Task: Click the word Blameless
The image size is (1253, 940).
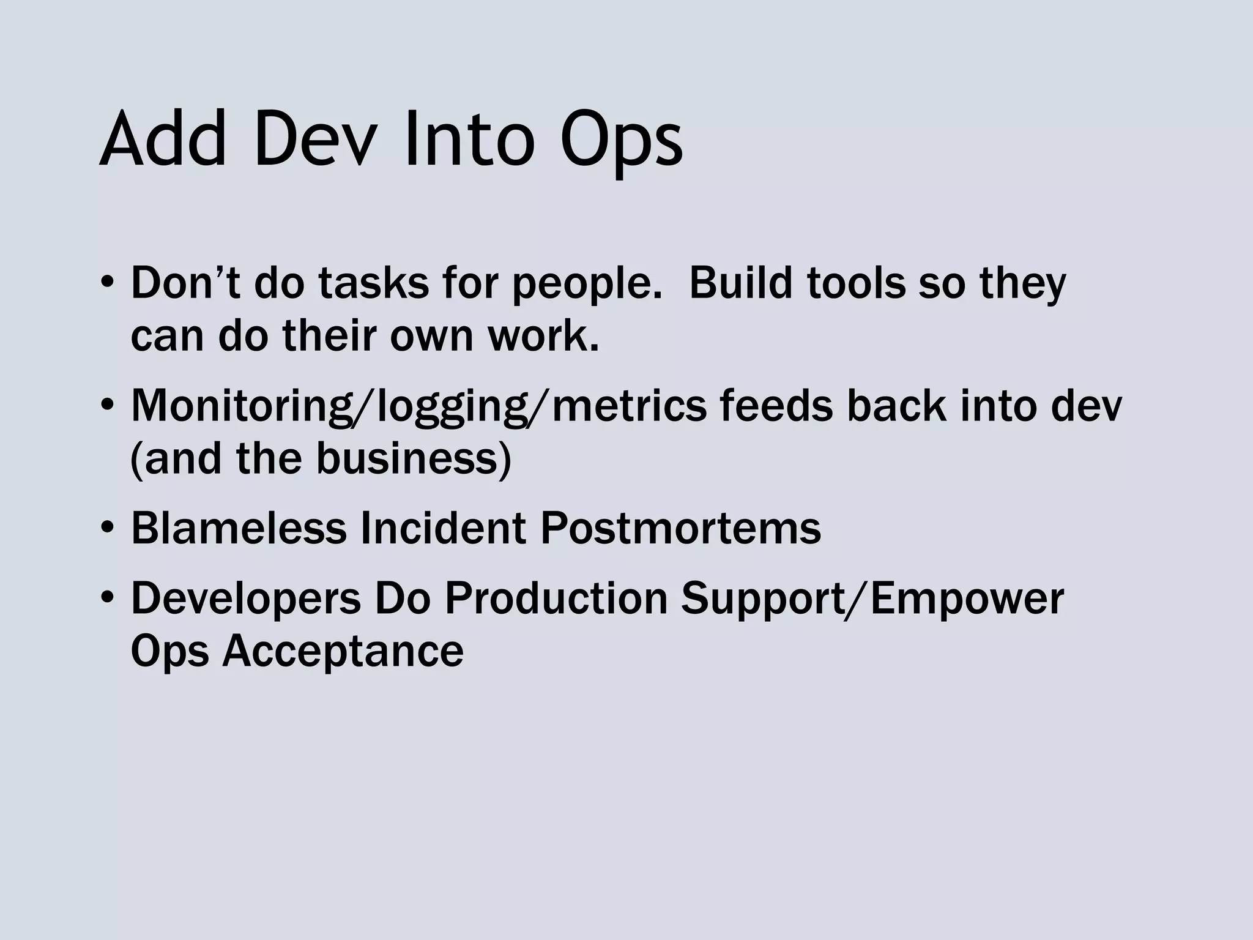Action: [x=239, y=529]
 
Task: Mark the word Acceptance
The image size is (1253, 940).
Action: [x=343, y=651]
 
